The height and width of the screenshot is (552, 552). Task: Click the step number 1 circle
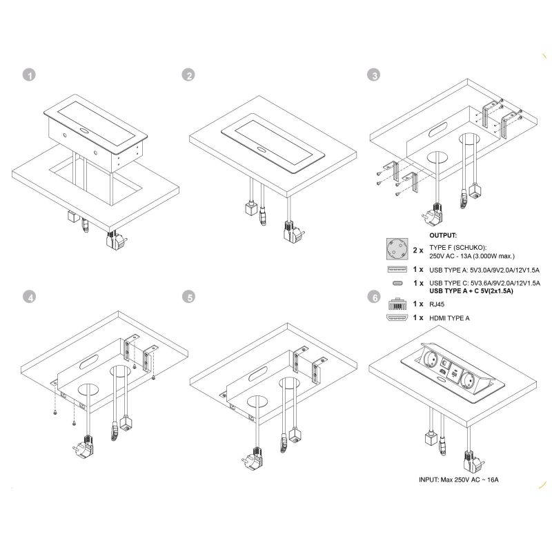pos(28,75)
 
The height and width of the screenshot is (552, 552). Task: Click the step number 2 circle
pos(187,75)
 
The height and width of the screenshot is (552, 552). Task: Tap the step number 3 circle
pos(374,75)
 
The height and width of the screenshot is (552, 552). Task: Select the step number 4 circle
pos(28,297)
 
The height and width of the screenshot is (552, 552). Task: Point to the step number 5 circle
pos(187,297)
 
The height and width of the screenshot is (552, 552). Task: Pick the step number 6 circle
pos(374,297)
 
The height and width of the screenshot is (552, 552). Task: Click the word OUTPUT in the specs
pos(443,235)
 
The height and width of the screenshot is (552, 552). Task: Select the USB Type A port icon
pos(398,269)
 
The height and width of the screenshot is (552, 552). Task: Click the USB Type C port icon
pos(398,284)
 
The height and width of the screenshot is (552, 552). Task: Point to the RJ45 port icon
pos(398,304)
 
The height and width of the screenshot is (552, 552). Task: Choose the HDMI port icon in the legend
pos(398,318)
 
